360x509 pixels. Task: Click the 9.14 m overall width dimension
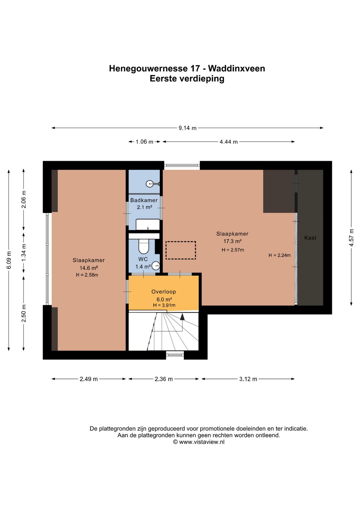click(x=187, y=128)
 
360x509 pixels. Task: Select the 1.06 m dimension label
click(x=144, y=142)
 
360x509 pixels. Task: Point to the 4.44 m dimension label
click(x=228, y=142)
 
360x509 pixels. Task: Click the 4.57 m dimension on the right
click(x=351, y=237)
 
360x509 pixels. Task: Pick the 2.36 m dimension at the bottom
click(x=164, y=379)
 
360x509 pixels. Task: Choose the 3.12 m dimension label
click(x=248, y=379)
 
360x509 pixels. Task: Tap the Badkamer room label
click(x=144, y=200)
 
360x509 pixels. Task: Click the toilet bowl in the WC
click(x=144, y=246)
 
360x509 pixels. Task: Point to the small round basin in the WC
click(x=156, y=266)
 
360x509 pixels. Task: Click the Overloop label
click(x=164, y=292)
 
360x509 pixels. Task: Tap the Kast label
click(x=310, y=238)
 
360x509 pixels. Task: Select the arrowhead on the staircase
click(x=182, y=317)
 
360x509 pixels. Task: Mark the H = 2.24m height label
click(x=279, y=255)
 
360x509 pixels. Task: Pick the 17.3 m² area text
click(x=232, y=241)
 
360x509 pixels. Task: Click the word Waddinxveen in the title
click(x=236, y=68)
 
